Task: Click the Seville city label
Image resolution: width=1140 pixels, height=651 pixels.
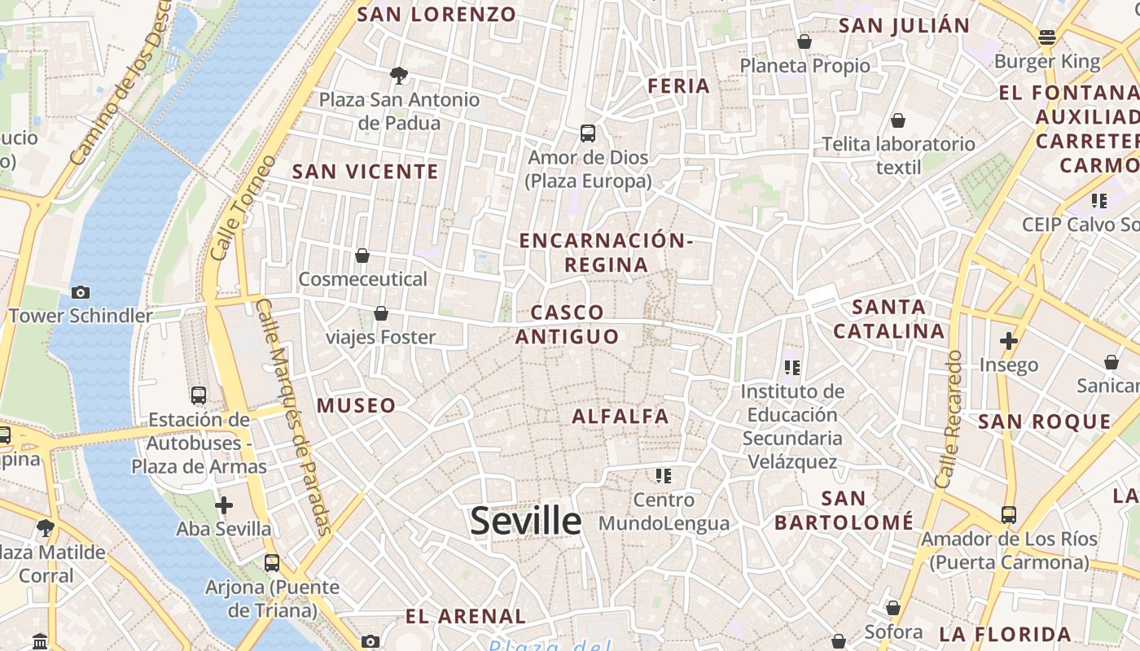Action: (x=526, y=521)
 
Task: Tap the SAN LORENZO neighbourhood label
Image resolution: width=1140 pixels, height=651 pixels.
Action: (x=436, y=14)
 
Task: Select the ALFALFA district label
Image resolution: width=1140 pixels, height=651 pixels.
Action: (x=620, y=417)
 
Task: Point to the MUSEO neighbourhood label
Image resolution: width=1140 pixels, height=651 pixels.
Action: (x=356, y=405)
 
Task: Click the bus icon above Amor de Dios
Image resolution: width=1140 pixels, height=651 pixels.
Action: (x=587, y=133)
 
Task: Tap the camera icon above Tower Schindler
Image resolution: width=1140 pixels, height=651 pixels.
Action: (x=81, y=292)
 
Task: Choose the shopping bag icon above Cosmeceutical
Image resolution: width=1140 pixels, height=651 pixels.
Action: (x=362, y=256)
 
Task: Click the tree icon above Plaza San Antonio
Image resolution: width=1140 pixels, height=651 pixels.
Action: (x=399, y=76)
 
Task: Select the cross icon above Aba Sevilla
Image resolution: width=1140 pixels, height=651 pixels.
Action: (x=224, y=505)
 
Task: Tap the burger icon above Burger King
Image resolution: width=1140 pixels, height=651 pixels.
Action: (x=1047, y=37)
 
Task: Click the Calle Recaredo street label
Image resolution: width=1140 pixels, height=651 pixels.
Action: (x=949, y=419)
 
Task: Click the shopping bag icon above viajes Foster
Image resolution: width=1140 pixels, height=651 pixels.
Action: (x=380, y=313)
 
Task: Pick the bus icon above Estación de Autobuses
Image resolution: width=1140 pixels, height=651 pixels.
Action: (x=199, y=395)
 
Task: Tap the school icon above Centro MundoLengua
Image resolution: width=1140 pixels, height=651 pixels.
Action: (x=664, y=475)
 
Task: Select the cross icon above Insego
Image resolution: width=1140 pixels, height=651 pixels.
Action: (x=1009, y=340)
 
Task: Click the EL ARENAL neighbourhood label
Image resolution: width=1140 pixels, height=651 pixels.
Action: (x=466, y=616)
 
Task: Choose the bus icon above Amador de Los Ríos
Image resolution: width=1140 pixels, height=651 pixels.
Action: (x=1009, y=514)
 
